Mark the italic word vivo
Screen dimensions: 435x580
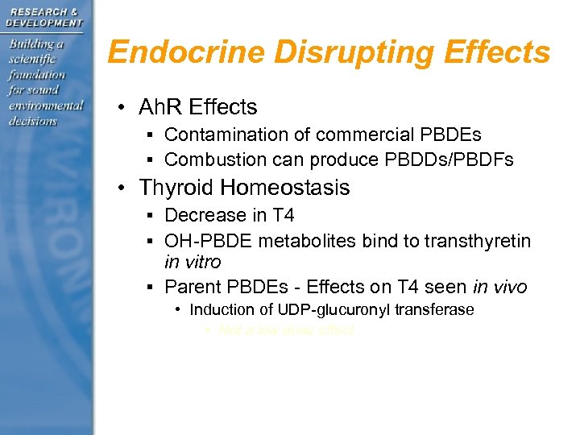510,286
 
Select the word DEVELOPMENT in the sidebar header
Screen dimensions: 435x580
45,23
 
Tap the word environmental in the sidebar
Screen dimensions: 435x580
46,106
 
